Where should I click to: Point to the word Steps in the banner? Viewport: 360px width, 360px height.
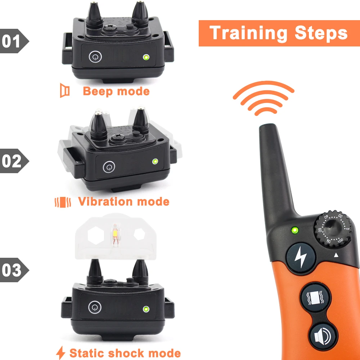coord(321,33)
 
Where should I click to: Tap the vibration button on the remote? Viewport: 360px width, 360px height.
coord(316,298)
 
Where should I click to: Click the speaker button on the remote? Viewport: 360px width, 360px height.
coord(323,337)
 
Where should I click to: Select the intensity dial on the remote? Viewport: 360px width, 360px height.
coord(333,229)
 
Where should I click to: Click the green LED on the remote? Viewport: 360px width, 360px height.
coord(295,230)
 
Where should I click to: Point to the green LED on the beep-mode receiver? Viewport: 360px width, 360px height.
coord(146,57)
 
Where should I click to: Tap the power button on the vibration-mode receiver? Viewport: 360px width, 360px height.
coord(109,167)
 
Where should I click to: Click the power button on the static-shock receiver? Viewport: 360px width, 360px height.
coord(95,307)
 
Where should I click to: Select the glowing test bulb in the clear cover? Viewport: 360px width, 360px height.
coord(115,235)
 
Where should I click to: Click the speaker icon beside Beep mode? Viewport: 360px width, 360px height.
coord(64,90)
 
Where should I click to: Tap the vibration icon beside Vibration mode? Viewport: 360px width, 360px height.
coord(63,202)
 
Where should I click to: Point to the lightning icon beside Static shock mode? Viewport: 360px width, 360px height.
coord(61,353)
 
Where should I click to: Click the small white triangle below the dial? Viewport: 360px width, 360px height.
coord(336,255)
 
